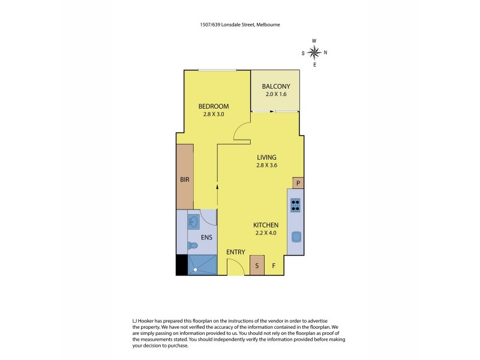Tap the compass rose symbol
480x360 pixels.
tap(314, 52)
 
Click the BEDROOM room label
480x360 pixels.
tap(214, 106)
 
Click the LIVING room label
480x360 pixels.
tap(266, 157)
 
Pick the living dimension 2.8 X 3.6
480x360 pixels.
tap(266, 166)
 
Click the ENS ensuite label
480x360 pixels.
tap(206, 237)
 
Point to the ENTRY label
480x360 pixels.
tap(235, 252)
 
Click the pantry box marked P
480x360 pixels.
tap(298, 183)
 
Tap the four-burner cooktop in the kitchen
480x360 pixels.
tap(295, 205)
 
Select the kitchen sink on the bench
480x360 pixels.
tap(295, 236)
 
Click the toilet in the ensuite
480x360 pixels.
tap(192, 245)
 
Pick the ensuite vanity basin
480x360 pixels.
tap(193, 222)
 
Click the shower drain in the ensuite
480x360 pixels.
tap(195, 269)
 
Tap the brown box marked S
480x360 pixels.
tap(257, 265)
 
